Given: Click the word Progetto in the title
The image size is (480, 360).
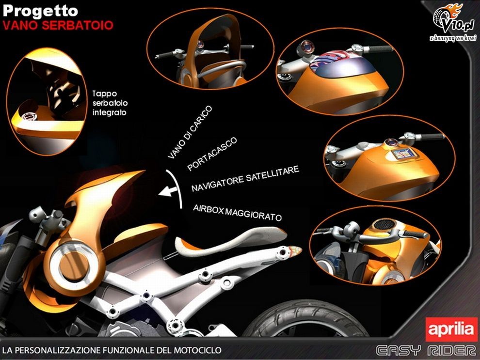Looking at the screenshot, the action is (x=40, y=11).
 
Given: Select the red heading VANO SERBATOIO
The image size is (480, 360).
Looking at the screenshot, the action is (x=58, y=25).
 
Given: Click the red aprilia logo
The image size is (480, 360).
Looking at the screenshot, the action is (x=451, y=329).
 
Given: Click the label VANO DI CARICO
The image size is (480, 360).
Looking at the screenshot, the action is (x=190, y=132).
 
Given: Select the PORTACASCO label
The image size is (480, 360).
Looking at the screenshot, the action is (x=212, y=154).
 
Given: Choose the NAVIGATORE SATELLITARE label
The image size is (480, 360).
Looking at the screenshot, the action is (x=245, y=179).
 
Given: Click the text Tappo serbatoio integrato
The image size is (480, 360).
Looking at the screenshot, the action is (x=110, y=103).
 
